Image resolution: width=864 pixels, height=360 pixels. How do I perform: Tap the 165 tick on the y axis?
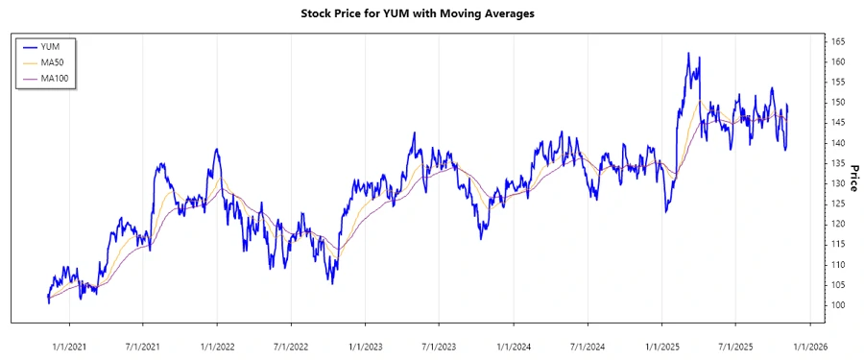coord(838,41)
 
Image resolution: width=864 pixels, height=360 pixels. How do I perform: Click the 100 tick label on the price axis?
coord(838,305)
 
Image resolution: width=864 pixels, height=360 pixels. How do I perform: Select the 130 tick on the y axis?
coord(838,183)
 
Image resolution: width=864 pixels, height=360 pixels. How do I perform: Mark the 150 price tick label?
coord(838,102)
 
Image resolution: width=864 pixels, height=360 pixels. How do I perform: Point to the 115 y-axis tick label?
coord(838,244)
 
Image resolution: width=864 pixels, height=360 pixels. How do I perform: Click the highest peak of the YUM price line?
coord(688,54)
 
